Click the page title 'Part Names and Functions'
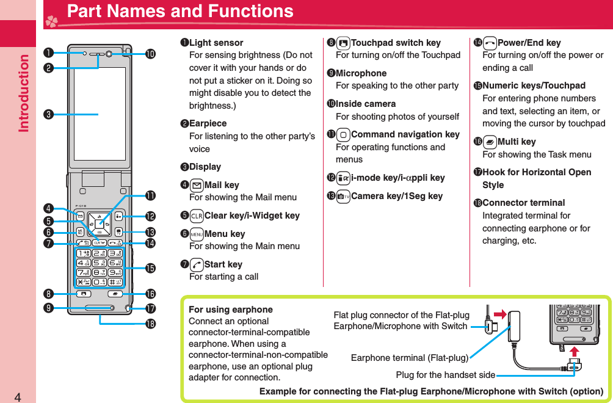pyautogui.click(x=180, y=12)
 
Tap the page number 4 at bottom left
pyautogui.click(x=18, y=397)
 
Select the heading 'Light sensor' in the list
pyautogui.click(x=216, y=43)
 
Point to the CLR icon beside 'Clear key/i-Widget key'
pyautogui.click(x=197, y=216)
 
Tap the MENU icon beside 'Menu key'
pyautogui.click(x=197, y=234)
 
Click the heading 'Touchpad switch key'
pyautogui.click(x=396, y=43)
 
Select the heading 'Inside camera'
pyautogui.click(x=366, y=104)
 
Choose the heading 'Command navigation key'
pyautogui.click(x=405, y=134)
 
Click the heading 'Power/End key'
pyautogui.click(x=529, y=43)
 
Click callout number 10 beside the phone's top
pyautogui.click(x=150, y=54)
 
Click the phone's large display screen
pyautogui.click(x=100, y=114)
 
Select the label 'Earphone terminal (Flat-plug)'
pyautogui.click(x=410, y=358)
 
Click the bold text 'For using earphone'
pyautogui.click(x=231, y=310)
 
